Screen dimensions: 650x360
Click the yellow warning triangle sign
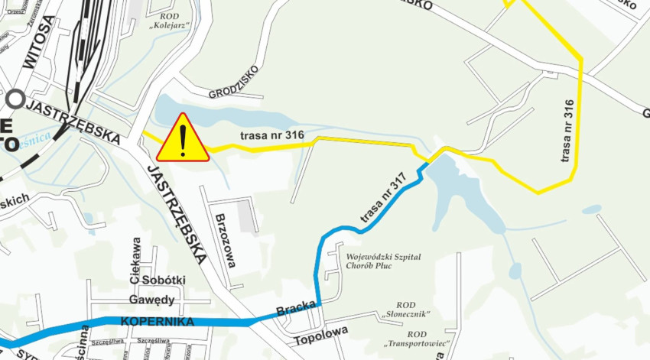pyautogui.click(x=182, y=139)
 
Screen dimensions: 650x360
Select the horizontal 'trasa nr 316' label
pyautogui.click(x=272, y=136)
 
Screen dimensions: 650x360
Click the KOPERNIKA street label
pyautogui.click(x=157, y=322)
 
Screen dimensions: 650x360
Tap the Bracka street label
pyautogui.click(x=296, y=309)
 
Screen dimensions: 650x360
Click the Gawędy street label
pyautogui.click(x=151, y=299)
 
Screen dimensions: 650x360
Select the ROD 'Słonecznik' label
pyautogui.click(x=406, y=309)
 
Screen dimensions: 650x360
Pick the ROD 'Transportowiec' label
pyautogui.click(x=415, y=339)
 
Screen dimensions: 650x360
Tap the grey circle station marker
pyautogui.click(x=15, y=99)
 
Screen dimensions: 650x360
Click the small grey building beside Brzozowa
pyautogui.click(x=246, y=216)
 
